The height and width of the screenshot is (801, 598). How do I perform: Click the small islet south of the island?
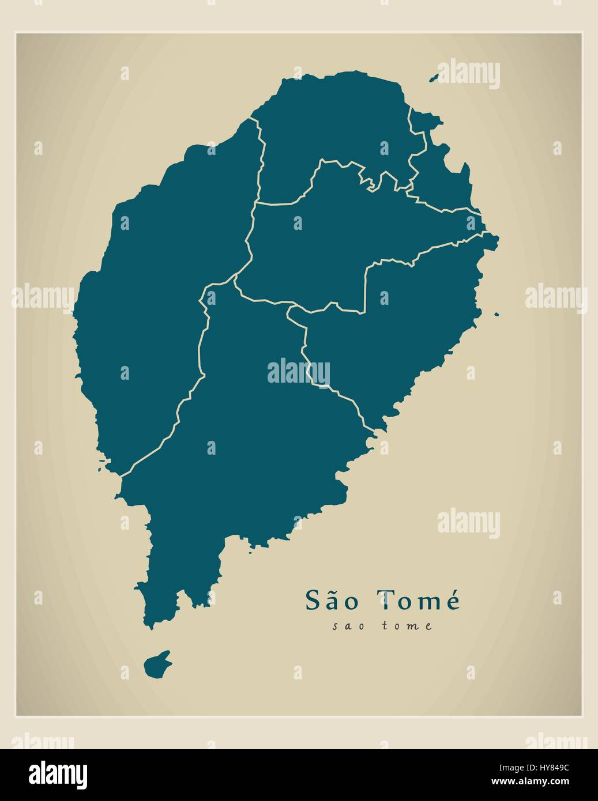point(157,665)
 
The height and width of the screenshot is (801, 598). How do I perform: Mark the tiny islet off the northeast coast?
point(435,78)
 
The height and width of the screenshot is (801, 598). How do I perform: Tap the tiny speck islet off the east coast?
point(496,314)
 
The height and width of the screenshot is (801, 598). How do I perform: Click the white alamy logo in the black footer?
point(58,773)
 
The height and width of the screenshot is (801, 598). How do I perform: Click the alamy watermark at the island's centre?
point(299,372)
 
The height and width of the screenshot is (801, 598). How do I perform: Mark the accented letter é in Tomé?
point(452,600)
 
